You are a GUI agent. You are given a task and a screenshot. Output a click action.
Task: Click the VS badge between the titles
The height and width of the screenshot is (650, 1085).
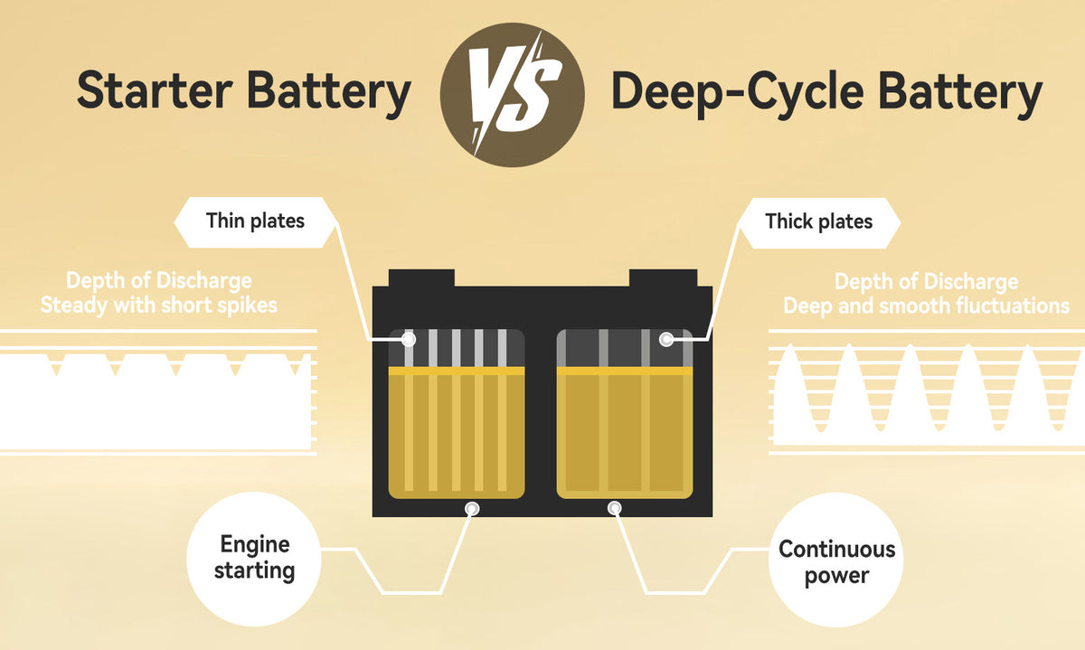[512, 96]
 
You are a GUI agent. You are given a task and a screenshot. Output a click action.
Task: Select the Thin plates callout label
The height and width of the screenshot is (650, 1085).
[255, 221]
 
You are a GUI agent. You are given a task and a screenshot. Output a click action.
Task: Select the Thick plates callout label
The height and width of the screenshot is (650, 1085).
[818, 221]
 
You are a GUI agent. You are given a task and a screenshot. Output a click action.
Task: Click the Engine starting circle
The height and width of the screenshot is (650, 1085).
[256, 558]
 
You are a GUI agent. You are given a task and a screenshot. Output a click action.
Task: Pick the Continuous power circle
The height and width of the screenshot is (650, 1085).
[836, 562]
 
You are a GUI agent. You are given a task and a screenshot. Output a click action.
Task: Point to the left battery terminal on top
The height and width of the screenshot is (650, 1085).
[420, 277]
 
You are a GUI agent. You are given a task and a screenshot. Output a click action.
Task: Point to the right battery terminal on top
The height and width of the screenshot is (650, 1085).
[664, 277]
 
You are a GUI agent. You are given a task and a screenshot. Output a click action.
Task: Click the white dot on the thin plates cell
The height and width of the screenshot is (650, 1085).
[408, 340]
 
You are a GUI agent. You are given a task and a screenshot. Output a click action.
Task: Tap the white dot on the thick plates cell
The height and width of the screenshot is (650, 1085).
[666, 340]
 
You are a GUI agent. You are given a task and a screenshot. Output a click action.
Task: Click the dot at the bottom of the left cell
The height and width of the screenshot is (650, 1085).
[471, 509]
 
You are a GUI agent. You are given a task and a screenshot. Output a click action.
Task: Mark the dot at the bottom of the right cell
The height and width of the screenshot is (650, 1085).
[615, 508]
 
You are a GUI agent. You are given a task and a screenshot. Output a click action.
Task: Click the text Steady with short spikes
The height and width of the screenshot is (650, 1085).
[159, 305]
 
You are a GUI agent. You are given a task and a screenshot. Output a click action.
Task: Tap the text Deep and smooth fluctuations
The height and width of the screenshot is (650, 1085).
[927, 306]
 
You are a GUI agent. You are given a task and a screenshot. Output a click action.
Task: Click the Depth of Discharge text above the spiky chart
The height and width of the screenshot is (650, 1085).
[159, 281]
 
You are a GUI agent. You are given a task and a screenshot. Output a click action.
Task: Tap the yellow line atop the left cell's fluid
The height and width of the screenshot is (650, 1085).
[457, 371]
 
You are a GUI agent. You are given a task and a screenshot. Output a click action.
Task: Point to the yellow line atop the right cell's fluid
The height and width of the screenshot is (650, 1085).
[624, 371]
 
